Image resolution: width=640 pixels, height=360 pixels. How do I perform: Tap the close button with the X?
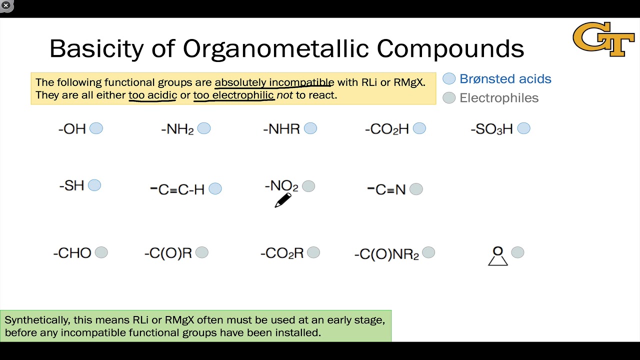(6, 5)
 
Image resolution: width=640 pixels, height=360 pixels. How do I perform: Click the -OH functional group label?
(72, 129)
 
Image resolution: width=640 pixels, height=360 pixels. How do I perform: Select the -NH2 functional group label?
(177, 129)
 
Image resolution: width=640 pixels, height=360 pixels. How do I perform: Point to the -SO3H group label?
(492, 129)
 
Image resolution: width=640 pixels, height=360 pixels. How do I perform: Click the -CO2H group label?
(387, 129)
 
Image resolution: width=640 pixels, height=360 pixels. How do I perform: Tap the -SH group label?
(72, 186)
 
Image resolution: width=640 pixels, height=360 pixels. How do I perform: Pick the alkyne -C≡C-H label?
(177, 189)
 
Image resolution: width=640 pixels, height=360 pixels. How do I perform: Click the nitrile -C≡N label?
(386, 189)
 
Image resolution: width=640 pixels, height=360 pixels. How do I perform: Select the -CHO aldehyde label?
(72, 253)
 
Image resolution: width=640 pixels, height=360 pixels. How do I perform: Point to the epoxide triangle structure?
(498, 256)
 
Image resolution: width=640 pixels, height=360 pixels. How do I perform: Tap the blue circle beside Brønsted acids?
(449, 79)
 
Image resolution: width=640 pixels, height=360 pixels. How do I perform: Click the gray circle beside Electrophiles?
(449, 98)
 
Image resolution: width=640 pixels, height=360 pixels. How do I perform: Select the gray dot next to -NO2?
(308, 186)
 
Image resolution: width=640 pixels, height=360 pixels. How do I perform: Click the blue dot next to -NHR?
(310, 129)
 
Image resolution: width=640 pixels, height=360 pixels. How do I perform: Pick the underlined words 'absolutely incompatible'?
(274, 82)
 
